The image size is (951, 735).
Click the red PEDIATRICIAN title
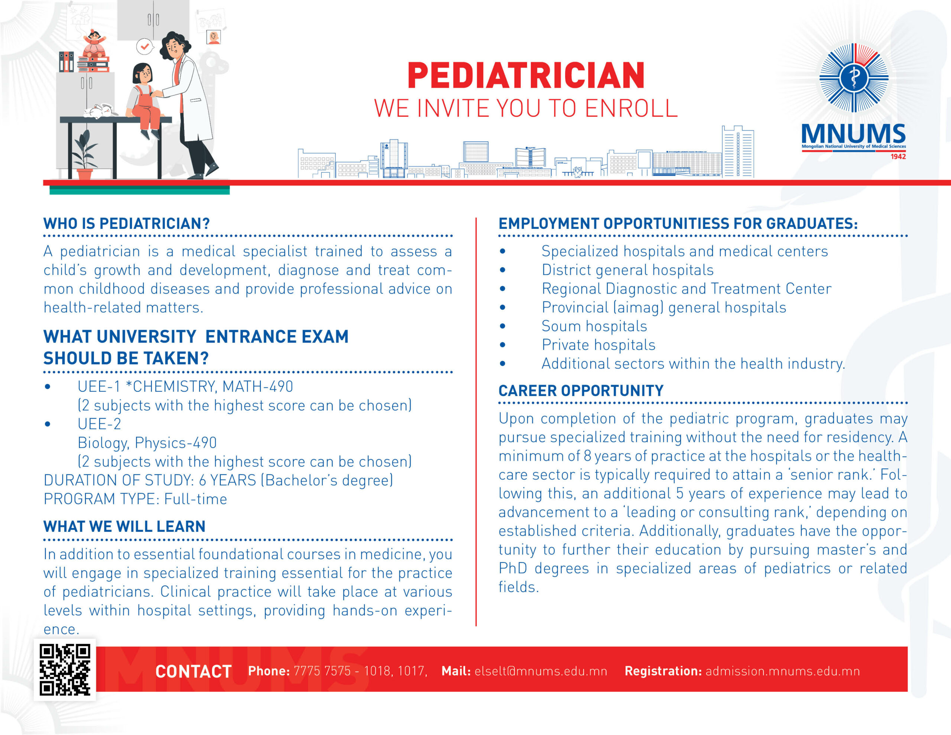pos(526,75)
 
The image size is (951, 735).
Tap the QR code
pos(65,670)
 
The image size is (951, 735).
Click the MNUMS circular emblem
pos(854,78)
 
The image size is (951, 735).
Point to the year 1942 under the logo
pos(898,156)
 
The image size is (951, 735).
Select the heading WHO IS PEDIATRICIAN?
pos(126,223)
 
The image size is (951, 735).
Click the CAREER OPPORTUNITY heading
pos(581,391)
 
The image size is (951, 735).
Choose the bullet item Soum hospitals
pos(594,326)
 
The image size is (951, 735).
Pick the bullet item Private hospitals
pos(598,344)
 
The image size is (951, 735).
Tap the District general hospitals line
pos(627,270)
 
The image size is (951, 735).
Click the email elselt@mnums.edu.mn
pos(541,671)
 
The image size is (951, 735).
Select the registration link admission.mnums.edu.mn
pos(782,671)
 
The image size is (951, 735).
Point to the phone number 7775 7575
pos(322,671)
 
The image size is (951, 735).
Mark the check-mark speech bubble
pos(145,46)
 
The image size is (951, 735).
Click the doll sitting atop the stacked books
pos(94,43)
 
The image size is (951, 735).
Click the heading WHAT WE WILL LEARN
pos(124,526)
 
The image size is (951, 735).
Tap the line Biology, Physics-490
pos(147,443)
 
